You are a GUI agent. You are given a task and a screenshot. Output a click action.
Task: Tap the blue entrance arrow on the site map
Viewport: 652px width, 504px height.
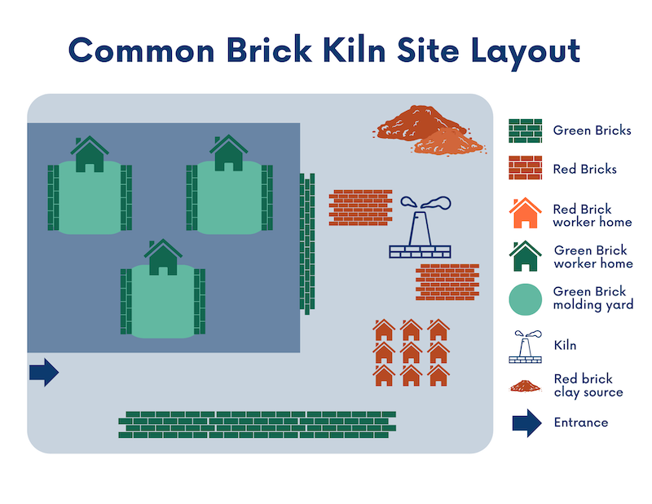tap(44, 373)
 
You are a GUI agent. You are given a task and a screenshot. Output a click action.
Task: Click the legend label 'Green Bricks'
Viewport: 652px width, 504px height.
tap(592, 130)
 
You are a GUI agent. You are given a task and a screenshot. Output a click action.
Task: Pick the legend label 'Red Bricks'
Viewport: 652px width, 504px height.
tap(584, 170)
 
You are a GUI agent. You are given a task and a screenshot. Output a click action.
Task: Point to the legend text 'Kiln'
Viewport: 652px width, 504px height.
tap(565, 345)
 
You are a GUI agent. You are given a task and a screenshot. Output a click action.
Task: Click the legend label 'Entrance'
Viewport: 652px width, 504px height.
tap(581, 422)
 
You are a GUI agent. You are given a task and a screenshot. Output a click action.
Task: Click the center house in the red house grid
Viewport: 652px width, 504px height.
tap(411, 353)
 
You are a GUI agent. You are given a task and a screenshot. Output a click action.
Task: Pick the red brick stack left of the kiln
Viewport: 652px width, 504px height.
tap(360, 208)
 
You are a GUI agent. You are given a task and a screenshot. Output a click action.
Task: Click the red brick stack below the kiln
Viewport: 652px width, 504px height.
tap(447, 281)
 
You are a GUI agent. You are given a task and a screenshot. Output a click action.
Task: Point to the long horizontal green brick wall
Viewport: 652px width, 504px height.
tap(257, 425)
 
